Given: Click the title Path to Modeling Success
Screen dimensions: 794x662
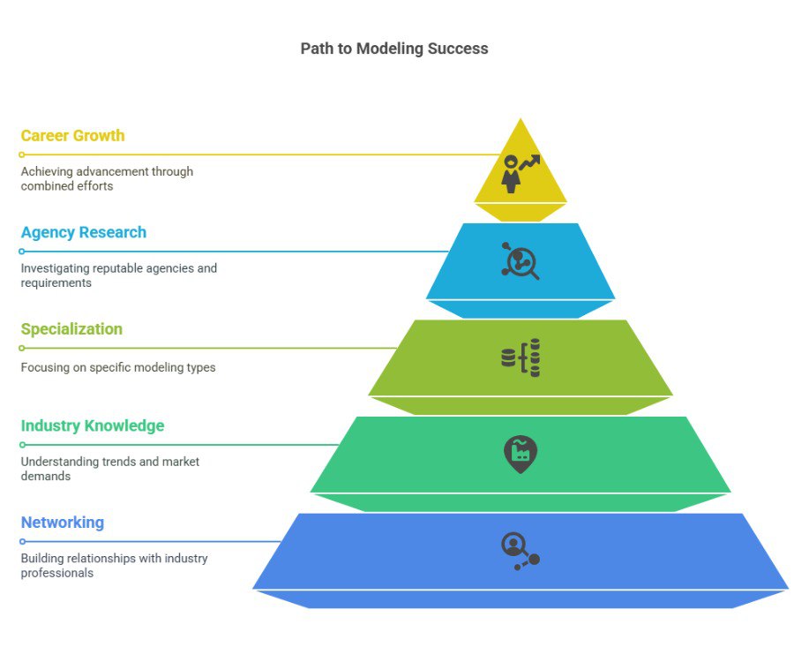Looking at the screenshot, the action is coord(394,49).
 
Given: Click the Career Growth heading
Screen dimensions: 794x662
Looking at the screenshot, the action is coord(72,136).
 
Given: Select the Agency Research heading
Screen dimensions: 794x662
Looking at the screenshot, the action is coord(84,232).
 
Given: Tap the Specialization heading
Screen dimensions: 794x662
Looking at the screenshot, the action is coord(71,329).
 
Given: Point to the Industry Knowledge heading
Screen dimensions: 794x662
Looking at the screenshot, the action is coord(92,426).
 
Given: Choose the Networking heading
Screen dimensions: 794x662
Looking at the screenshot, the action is coord(63,523).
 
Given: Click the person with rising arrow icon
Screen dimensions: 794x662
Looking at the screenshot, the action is coord(521,174).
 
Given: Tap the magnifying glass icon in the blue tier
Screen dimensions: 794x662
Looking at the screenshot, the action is coord(521,261).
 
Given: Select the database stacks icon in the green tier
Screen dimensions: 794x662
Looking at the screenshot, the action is coord(521,357).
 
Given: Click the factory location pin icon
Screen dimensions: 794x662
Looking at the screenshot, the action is coord(521,455).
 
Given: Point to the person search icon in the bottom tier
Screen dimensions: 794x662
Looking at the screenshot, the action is coord(521,551).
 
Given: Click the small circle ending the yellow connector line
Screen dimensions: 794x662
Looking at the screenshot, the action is coord(22,155).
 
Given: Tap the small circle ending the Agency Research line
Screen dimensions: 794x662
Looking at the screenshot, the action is coord(22,252).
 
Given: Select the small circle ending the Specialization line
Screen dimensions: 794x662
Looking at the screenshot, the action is coord(22,348).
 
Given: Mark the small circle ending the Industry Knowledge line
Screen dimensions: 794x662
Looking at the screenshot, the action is coord(22,445).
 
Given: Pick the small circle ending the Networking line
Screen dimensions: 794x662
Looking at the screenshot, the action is coord(22,541).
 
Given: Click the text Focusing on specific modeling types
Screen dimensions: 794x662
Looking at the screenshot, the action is coord(118,367).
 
